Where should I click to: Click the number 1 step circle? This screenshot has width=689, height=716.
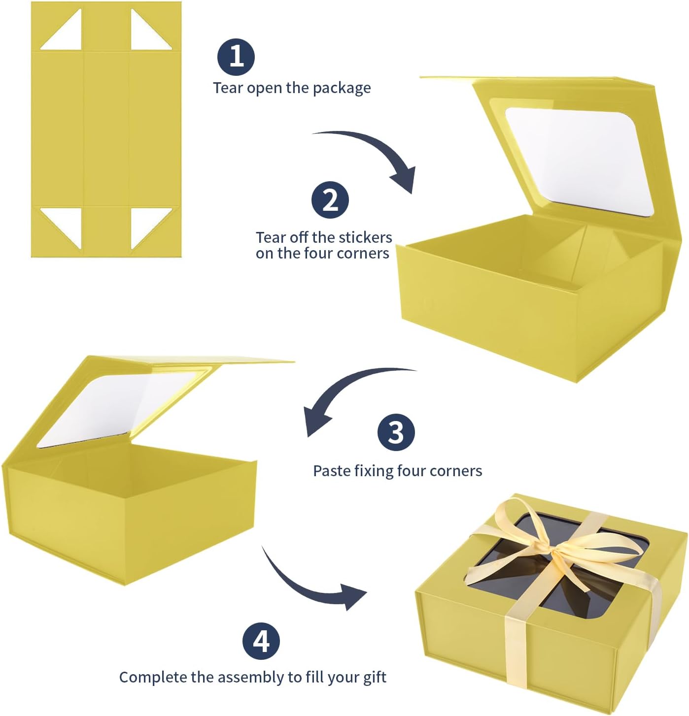pos(236,57)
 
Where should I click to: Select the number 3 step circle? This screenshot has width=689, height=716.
pos(396,432)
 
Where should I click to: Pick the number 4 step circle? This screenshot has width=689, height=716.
pos(261,641)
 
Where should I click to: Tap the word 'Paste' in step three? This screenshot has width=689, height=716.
pos(332,471)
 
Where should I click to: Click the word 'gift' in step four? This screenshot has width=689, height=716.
pos(375,678)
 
